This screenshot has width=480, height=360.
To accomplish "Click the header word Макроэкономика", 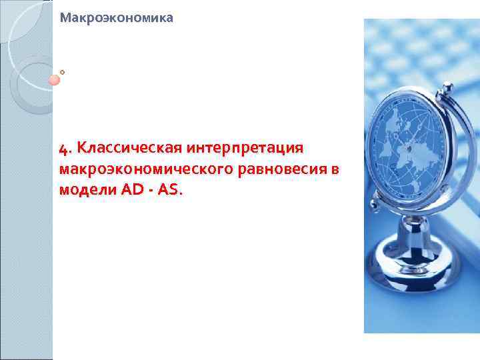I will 116,18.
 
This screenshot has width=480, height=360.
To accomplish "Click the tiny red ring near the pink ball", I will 62,71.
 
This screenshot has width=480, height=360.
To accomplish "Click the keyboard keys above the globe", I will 427,53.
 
